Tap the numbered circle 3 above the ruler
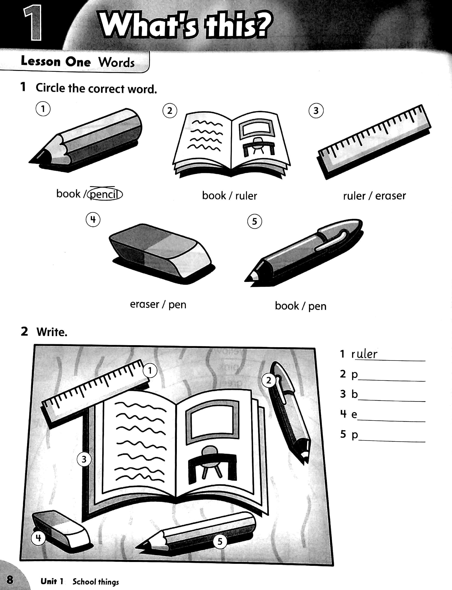pyautogui.click(x=316, y=111)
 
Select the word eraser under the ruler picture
pyautogui.click(x=390, y=196)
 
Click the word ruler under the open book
pyautogui.click(x=246, y=196)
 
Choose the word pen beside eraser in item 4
pyautogui.click(x=177, y=305)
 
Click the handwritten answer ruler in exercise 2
pyautogui.click(x=364, y=354)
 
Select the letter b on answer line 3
pyautogui.click(x=355, y=394)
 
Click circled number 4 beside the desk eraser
pyautogui.click(x=39, y=538)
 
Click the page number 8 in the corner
pyautogui.click(x=10, y=579)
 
